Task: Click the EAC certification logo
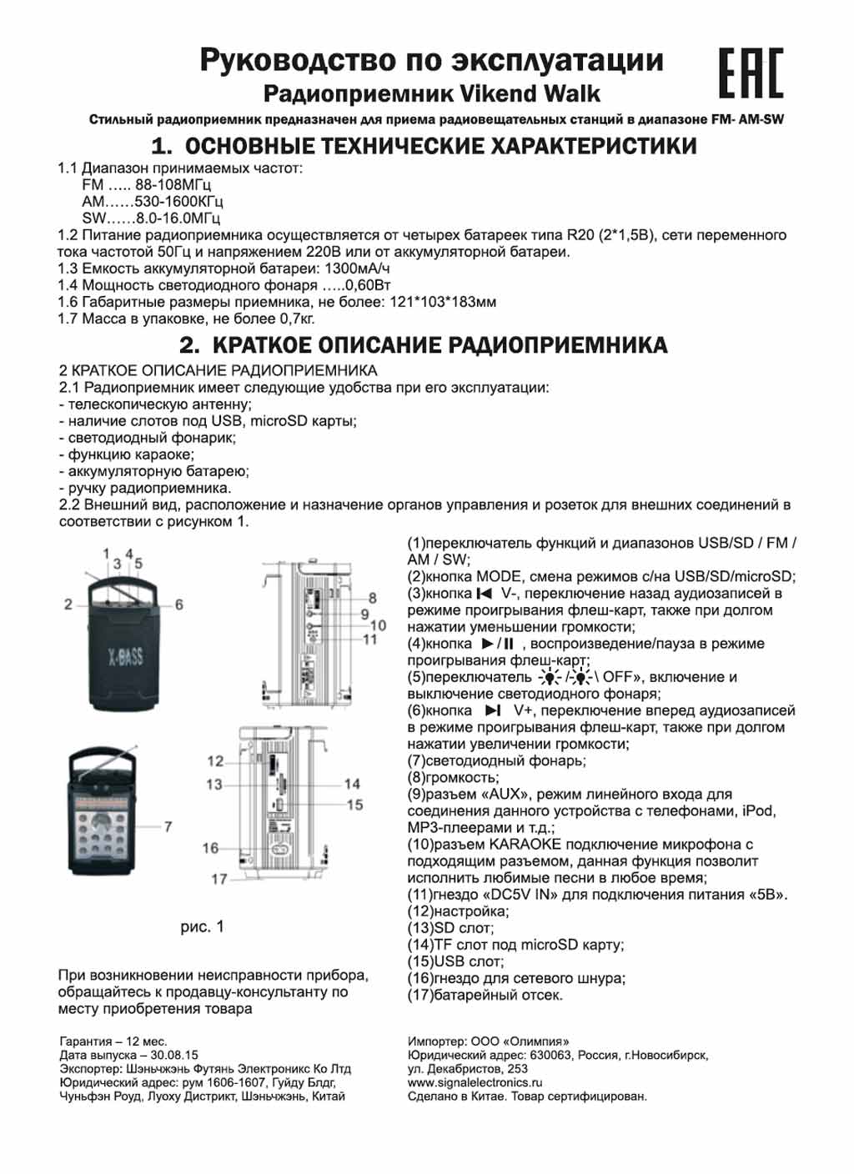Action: click(751, 73)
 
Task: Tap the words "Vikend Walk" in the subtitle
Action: click(530, 93)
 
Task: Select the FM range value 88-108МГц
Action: click(173, 185)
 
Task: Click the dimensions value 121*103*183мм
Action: click(443, 302)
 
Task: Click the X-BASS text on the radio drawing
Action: click(126, 656)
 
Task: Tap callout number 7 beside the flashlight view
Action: click(168, 826)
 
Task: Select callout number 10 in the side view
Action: click(378, 625)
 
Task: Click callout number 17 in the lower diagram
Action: click(219, 879)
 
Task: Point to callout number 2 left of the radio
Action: click(68, 604)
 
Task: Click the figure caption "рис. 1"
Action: click(202, 926)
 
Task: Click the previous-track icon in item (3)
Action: click(484, 594)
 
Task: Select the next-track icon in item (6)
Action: click(493, 710)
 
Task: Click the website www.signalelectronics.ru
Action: click(475, 1082)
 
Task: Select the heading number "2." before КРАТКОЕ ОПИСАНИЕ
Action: click(190, 345)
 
